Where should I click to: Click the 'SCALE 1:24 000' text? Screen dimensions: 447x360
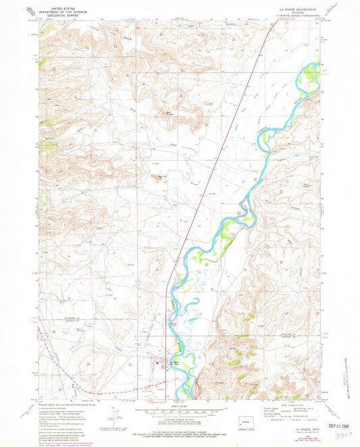point(179,406)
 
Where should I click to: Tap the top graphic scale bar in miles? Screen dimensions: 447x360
point(179,410)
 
